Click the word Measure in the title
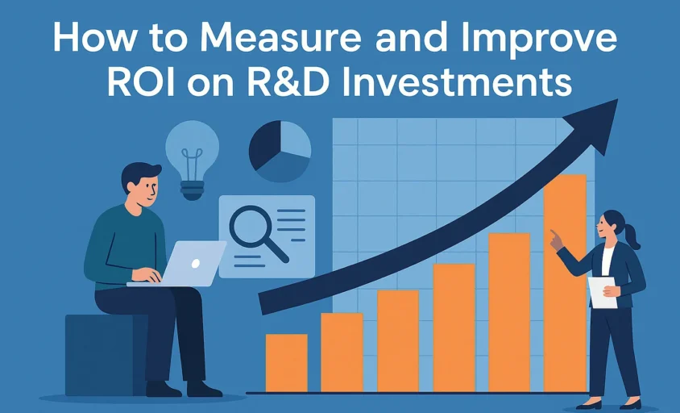[280, 38]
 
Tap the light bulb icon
[192, 160]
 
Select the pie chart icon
[280, 151]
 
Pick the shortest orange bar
[287, 363]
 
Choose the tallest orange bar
[565, 283]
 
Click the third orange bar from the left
[398, 341]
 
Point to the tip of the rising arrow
[617, 99]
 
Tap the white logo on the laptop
[196, 263]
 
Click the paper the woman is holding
[602, 292]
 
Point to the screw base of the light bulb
[192, 190]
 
